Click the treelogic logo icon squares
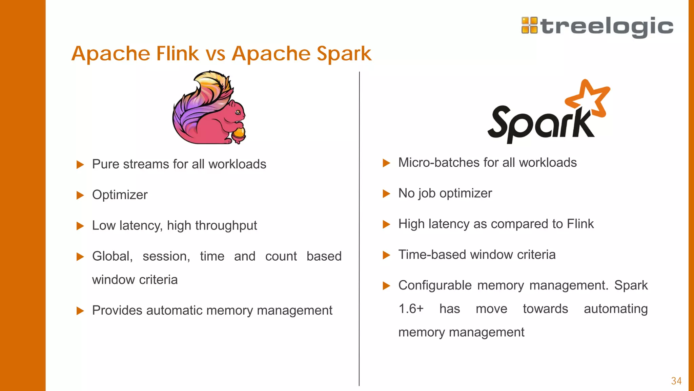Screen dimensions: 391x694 (529, 25)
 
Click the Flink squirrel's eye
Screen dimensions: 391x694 (238, 112)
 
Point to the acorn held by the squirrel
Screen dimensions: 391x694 (239, 133)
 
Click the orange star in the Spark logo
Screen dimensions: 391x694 (589, 98)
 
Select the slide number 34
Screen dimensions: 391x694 (676, 381)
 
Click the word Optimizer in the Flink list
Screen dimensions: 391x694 (120, 195)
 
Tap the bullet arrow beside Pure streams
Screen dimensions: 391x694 (80, 165)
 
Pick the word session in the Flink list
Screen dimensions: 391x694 (166, 256)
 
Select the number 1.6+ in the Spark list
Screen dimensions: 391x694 (411, 309)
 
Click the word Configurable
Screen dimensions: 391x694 (435, 285)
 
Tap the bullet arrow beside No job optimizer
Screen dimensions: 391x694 (386, 193)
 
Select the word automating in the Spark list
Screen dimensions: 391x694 (616, 309)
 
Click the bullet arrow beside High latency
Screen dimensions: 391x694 (386, 224)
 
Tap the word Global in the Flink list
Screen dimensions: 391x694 (112, 256)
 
